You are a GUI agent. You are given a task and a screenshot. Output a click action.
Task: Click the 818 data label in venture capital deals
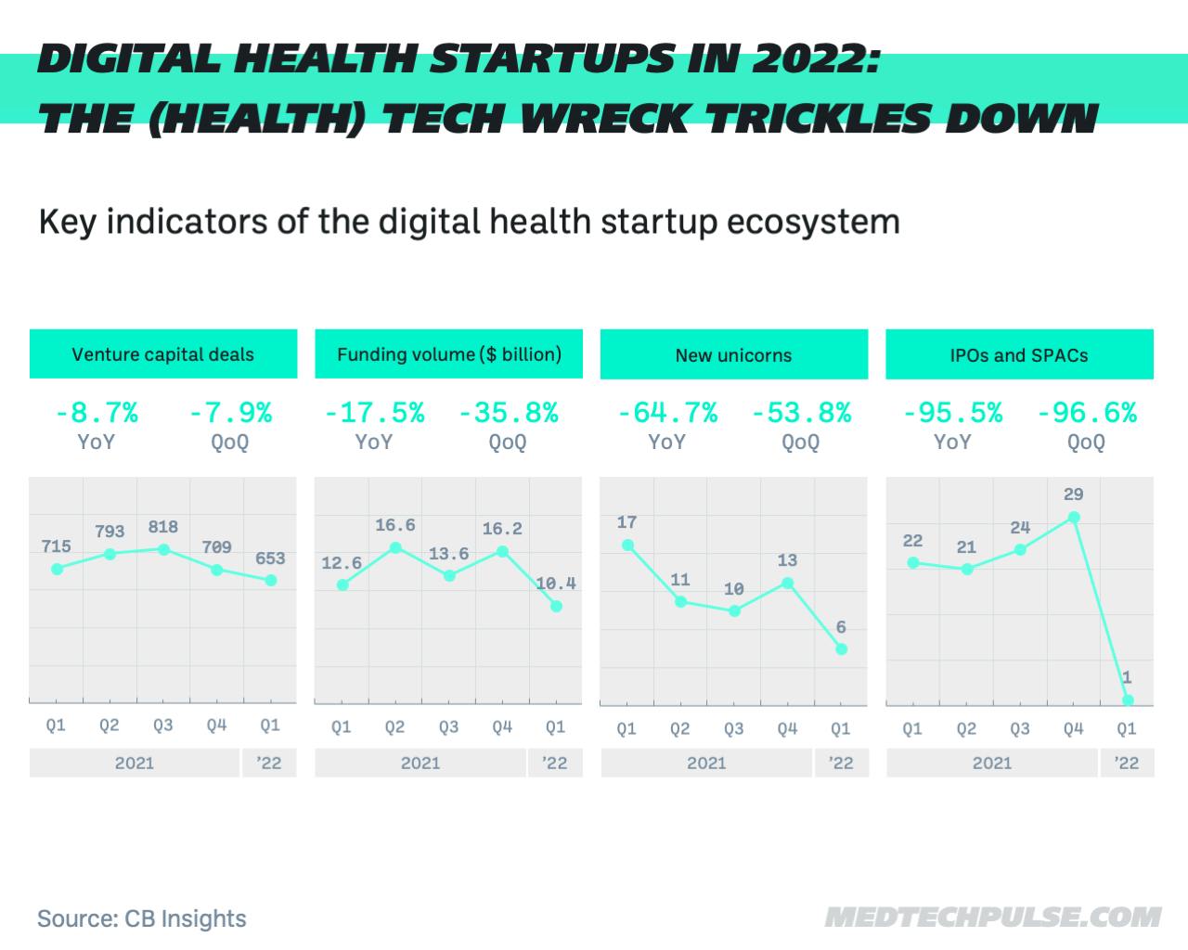163,527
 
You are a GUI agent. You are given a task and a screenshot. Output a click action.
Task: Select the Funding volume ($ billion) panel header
449,354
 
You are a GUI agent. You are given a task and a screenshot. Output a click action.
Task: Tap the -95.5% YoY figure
952,413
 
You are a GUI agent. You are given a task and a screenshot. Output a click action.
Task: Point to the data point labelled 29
1074,518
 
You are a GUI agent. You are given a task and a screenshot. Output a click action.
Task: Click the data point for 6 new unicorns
841,649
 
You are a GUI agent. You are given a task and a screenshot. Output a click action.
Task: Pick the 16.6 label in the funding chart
395,526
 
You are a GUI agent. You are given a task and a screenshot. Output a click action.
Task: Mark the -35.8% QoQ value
509,413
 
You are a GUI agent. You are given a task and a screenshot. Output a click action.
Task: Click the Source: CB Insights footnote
142,918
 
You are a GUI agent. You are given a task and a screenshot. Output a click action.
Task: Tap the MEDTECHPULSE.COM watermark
993,918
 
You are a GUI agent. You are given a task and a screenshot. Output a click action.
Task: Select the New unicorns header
733,355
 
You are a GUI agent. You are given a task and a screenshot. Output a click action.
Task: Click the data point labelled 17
627,546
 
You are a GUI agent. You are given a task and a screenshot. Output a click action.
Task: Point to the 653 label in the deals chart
270,558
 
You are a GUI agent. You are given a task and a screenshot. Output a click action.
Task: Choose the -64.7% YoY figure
667,413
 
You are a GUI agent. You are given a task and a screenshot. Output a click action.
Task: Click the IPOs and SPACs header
1019,355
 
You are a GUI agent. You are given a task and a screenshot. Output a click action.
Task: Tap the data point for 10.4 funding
556,606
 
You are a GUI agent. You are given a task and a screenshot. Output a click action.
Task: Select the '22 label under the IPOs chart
1127,763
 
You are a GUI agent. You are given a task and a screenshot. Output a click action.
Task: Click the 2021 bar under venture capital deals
135,763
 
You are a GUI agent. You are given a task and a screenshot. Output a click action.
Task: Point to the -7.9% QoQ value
230,413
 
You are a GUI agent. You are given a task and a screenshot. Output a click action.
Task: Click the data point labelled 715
57,569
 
